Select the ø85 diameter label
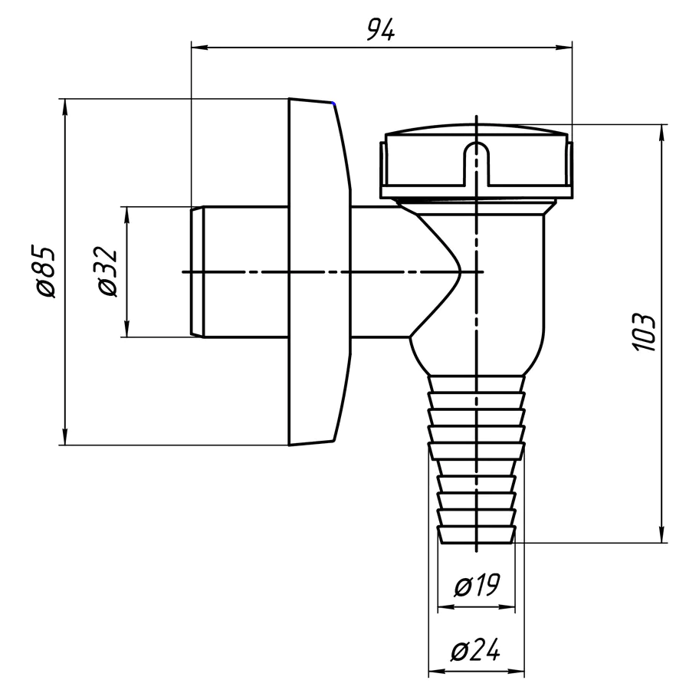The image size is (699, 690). pyautogui.click(x=44, y=271)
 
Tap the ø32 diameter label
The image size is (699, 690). pyautogui.click(x=107, y=271)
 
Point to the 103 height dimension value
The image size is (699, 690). pyautogui.click(x=645, y=333)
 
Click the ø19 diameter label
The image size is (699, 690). pyautogui.click(x=476, y=587)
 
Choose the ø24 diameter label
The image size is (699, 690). pyautogui.click(x=476, y=652)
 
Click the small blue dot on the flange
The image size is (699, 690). pyautogui.click(x=333, y=103)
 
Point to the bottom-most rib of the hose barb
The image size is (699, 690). pyautogui.click(x=476, y=534)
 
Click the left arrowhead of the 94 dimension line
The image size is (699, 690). pyautogui.click(x=196, y=48)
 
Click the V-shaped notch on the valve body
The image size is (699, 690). pyautogui.click(x=452, y=272)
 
